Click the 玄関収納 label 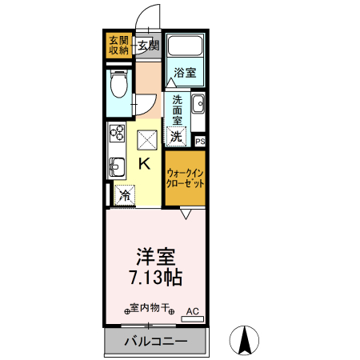(118, 46)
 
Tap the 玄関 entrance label (148, 46)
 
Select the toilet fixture (119, 83)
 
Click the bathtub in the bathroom (187, 50)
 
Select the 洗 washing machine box (176, 137)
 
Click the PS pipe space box (200, 142)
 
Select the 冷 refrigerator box (125, 194)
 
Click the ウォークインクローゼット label (186, 177)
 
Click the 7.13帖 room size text (154, 278)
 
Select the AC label (192, 310)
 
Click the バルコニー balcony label (155, 342)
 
